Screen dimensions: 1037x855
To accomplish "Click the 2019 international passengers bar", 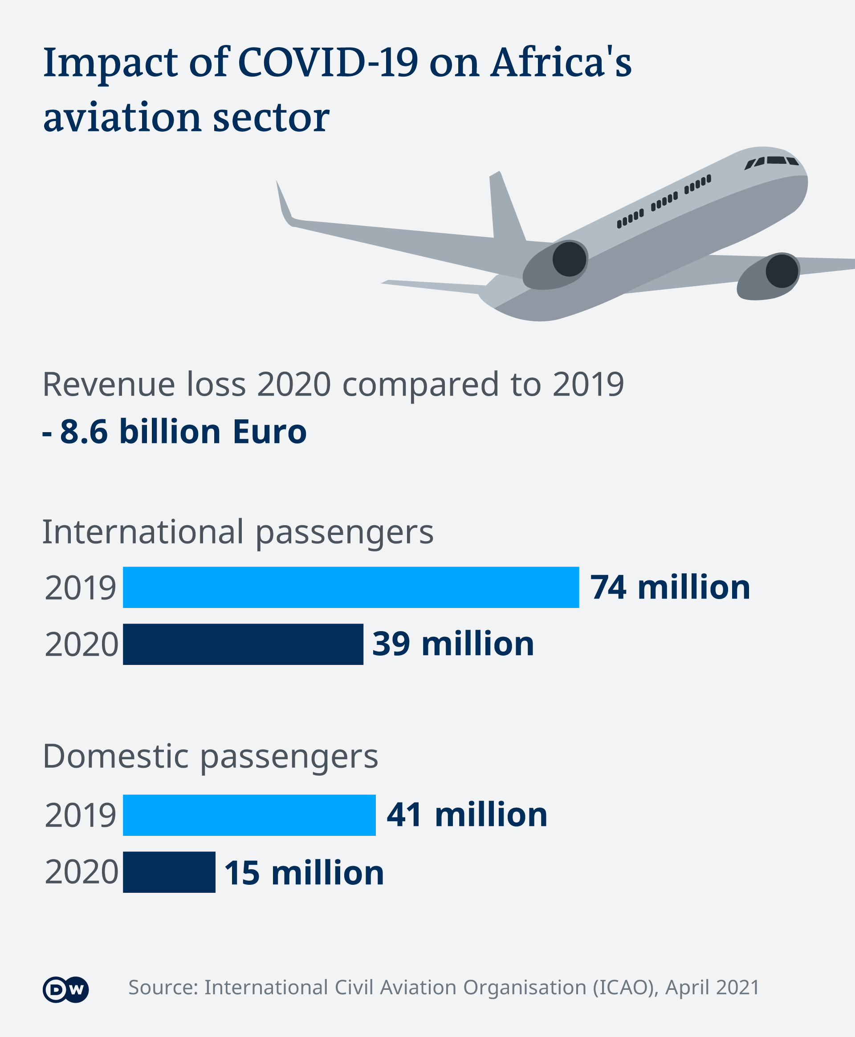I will pyautogui.click(x=350, y=587).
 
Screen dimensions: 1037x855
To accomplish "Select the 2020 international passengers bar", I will pyautogui.click(x=243, y=644).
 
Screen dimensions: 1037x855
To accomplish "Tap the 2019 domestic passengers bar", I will pyautogui.click(x=249, y=815).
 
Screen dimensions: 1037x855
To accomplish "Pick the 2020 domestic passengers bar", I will pyautogui.click(x=169, y=872).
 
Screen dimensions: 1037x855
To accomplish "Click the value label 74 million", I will pyautogui.click(x=670, y=587).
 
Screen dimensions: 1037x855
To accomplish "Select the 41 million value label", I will pyautogui.click(x=466, y=814).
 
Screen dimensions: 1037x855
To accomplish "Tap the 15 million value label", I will pyautogui.click(x=304, y=873).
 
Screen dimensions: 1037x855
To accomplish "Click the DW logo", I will pyautogui.click(x=65, y=989).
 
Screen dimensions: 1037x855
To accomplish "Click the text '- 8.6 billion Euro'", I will pyautogui.click(x=175, y=432).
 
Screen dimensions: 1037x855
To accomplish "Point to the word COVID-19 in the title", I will pyautogui.click(x=328, y=63).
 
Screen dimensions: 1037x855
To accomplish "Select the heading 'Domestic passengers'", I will pyautogui.click(x=210, y=757).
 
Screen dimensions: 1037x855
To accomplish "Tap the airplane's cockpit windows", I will pyautogui.click(x=771, y=162).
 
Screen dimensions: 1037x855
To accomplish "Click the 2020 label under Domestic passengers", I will pyautogui.click(x=81, y=872).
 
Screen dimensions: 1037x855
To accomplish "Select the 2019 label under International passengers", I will pyautogui.click(x=80, y=587).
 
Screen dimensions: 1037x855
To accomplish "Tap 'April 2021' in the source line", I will pyautogui.click(x=712, y=988).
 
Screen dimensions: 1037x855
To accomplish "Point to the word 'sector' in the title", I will pyautogui.click(x=271, y=118).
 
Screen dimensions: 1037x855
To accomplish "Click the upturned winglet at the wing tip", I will pyautogui.click(x=284, y=204).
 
